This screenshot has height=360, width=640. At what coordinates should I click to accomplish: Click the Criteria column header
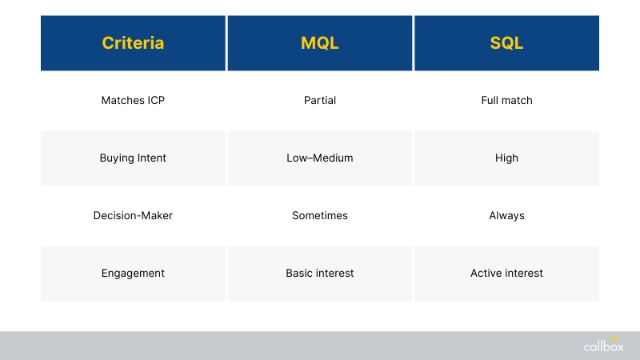click(133, 43)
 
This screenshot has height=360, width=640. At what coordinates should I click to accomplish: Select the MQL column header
click(319, 43)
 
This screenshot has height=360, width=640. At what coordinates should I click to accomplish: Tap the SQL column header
click(506, 43)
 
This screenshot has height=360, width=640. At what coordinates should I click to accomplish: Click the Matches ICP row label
click(133, 101)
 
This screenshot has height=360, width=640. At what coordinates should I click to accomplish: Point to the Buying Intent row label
click(133, 158)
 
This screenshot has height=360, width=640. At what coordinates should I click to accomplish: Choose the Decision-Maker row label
click(133, 216)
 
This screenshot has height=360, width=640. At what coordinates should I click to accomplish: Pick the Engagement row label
click(133, 274)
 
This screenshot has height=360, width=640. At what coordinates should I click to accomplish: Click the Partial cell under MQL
click(319, 101)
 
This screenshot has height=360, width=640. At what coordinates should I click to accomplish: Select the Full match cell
click(506, 101)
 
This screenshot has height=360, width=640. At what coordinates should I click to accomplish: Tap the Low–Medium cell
click(319, 158)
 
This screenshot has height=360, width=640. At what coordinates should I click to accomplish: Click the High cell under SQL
click(506, 158)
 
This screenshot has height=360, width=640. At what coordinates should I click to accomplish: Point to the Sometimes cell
click(319, 216)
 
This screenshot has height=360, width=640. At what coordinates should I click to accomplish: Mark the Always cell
click(506, 216)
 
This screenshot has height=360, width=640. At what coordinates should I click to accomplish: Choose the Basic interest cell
click(319, 274)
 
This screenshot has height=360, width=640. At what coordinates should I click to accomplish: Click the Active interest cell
click(506, 274)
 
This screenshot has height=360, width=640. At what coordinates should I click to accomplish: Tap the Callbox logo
click(602, 346)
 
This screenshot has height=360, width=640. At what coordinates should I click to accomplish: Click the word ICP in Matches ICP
click(156, 101)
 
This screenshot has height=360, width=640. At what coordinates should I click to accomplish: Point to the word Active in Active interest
click(486, 274)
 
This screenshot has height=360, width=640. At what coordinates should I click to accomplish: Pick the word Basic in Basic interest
click(299, 274)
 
